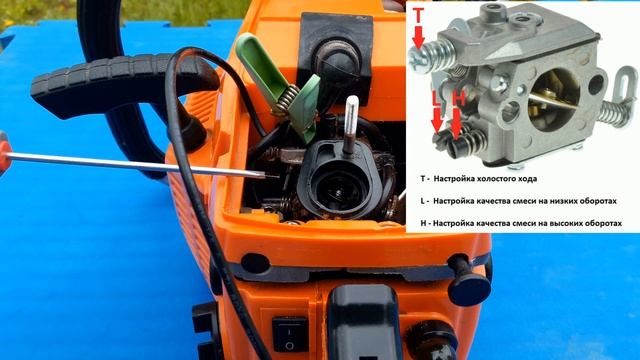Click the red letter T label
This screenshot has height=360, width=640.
coord(419,16)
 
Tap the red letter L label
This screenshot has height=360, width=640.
coord(437,99)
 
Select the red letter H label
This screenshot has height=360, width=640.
coord(458,99)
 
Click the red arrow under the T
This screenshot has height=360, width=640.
coord(418,38)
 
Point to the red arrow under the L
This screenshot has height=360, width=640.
coord(437,120)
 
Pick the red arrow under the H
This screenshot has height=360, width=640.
coord(456,123)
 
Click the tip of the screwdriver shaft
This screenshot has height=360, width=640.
coord(279,177)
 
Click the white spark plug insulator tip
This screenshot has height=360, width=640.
coord(351,111)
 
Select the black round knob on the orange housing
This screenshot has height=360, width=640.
coord(469,287)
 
